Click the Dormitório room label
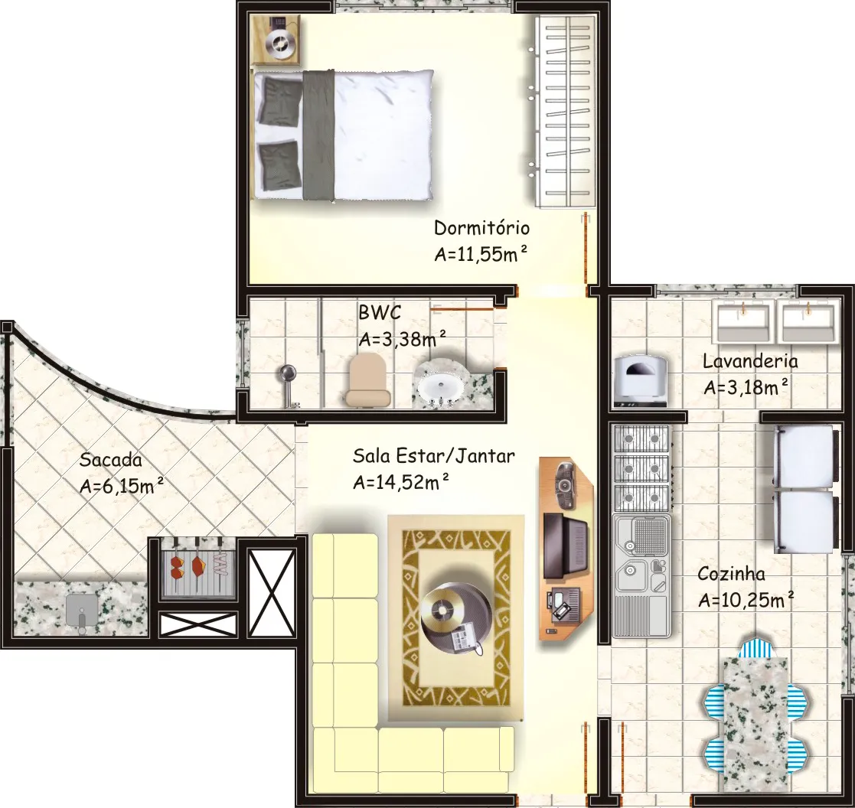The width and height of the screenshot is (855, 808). tap(481, 227)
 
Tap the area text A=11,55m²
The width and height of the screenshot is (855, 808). tap(481, 254)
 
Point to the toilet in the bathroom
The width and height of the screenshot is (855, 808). tap(367, 380)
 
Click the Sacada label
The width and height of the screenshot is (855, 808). tap(111, 460)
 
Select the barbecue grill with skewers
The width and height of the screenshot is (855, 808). tap(197, 568)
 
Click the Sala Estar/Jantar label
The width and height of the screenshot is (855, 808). tap(433, 455)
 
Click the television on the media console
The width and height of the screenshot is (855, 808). tap(566, 546)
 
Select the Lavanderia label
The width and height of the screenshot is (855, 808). tap(750, 361)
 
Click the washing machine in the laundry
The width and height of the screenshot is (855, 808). tap(641, 380)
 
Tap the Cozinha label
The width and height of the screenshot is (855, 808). tap(731, 574)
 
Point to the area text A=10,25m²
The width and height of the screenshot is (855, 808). tap(746, 600)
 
